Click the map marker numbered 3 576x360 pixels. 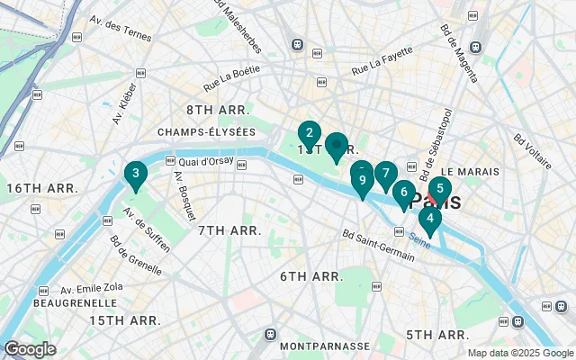(135, 175)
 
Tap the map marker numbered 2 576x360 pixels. (310, 135)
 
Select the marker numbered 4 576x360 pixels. (430, 219)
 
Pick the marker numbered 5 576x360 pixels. (439, 189)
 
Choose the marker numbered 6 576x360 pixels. (404, 193)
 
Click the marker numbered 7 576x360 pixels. (385, 175)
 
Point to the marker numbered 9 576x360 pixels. (363, 182)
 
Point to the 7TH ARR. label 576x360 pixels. (229, 231)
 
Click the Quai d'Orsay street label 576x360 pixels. (206, 162)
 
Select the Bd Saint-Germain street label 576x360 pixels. (378, 246)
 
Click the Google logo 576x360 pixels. (30, 349)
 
